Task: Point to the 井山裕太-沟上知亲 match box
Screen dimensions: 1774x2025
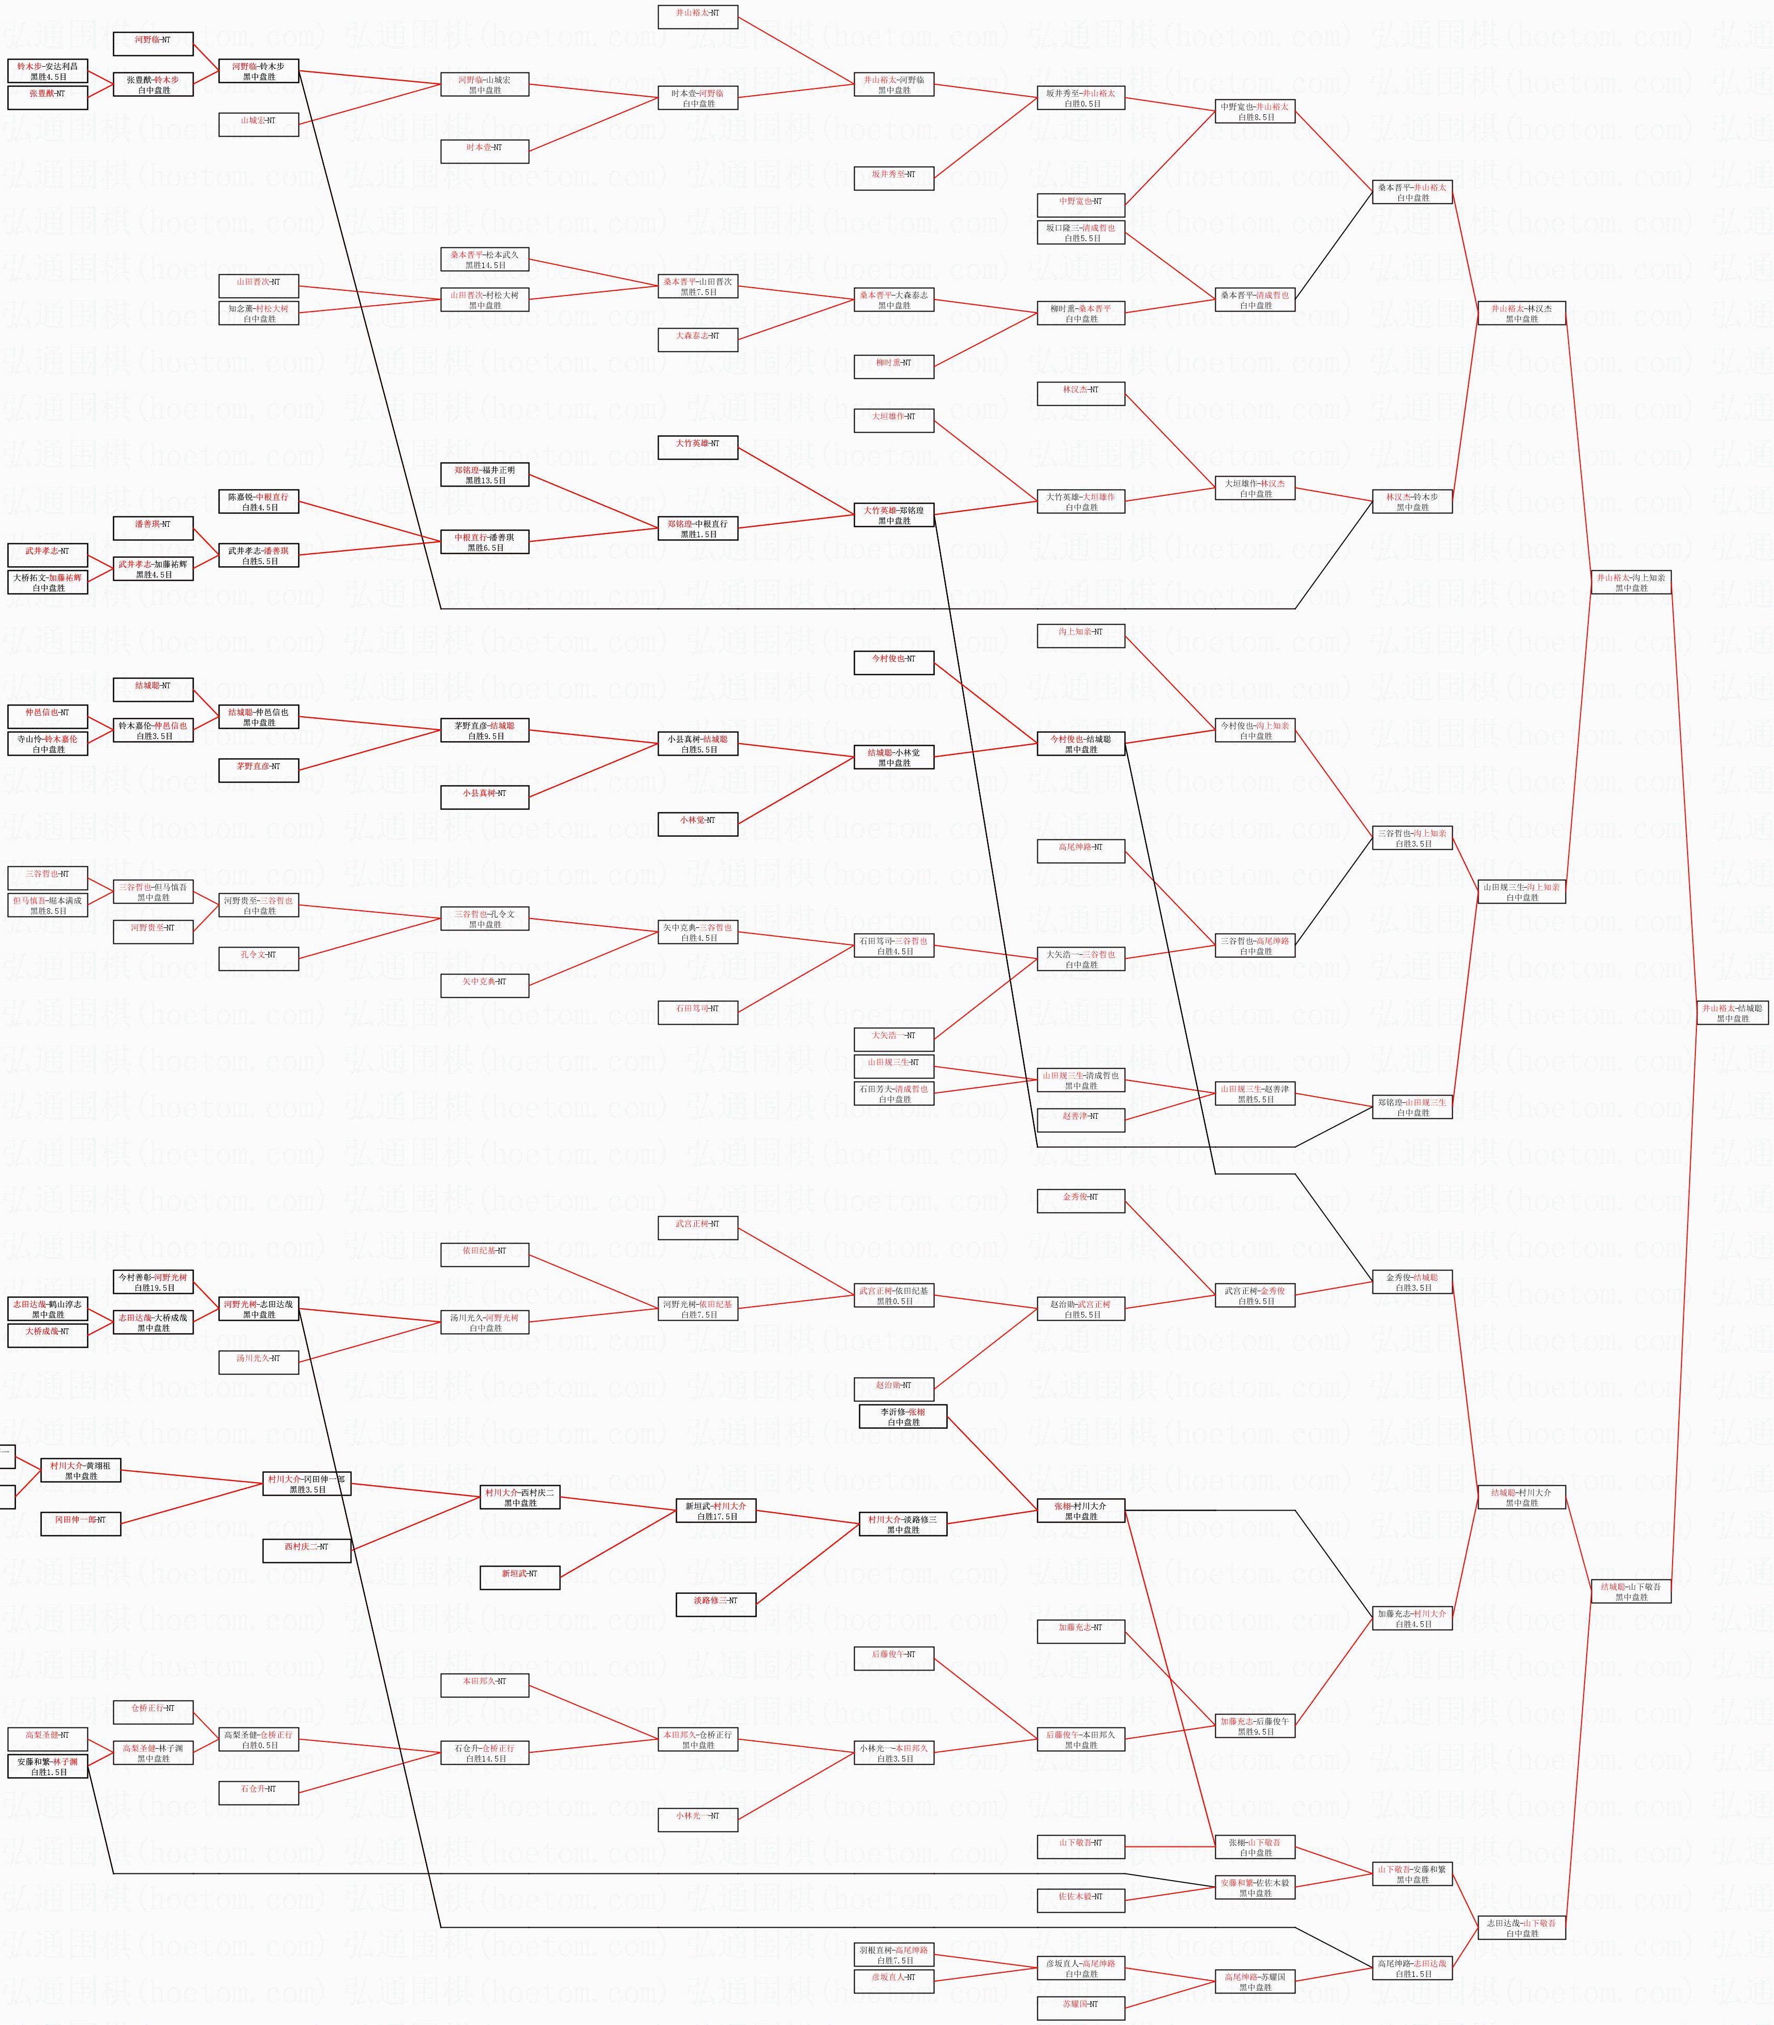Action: click(x=1631, y=582)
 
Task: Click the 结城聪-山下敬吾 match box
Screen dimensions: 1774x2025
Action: click(x=1631, y=1591)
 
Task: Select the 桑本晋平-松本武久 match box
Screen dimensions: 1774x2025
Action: click(x=485, y=259)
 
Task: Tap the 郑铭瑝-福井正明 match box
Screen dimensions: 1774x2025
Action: click(x=485, y=475)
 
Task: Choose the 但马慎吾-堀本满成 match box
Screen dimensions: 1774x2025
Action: click(x=48, y=905)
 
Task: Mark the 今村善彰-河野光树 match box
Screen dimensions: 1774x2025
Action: click(x=154, y=1282)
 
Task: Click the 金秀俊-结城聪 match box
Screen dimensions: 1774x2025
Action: click(x=1413, y=1282)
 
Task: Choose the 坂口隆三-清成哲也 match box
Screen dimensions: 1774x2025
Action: click(x=1081, y=233)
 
